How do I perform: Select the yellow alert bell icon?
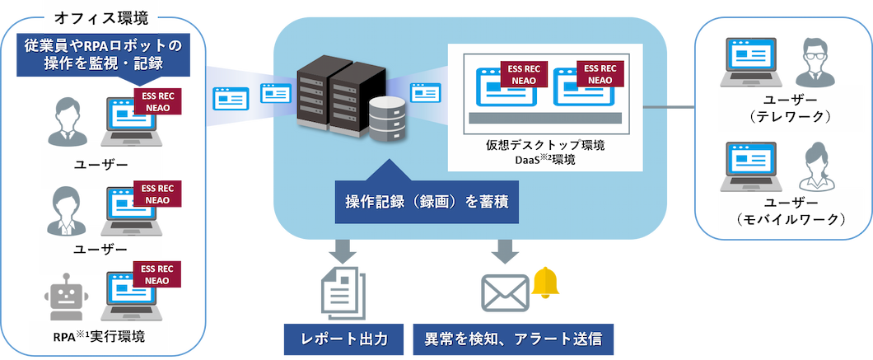click(544, 283)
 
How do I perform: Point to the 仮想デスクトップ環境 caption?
click(545, 146)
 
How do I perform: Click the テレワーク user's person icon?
click(816, 60)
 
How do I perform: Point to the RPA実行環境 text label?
click(102, 338)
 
